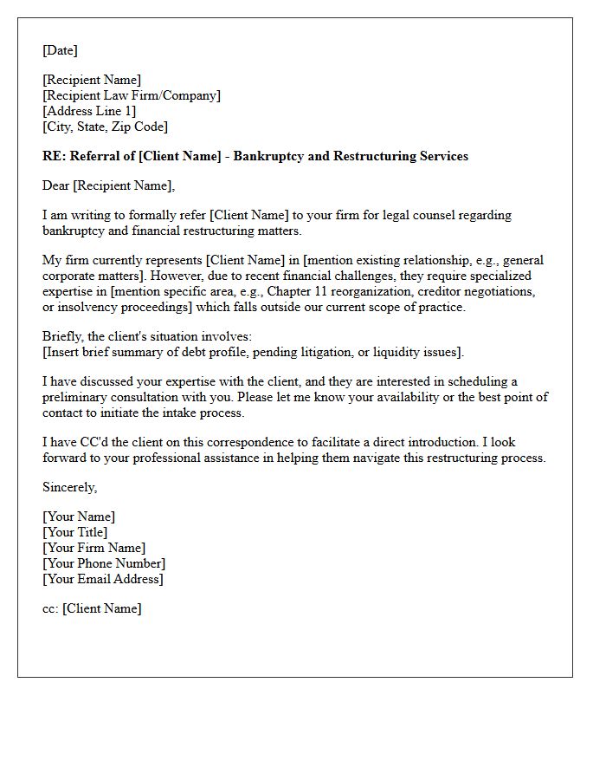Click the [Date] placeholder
[x=60, y=50]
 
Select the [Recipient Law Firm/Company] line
[x=132, y=95]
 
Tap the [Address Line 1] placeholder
[x=89, y=111]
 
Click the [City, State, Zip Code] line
[x=105, y=127]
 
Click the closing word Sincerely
[x=69, y=487]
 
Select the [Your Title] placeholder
[x=75, y=532]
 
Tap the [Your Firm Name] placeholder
[x=93, y=548]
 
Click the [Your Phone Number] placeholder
[x=104, y=563]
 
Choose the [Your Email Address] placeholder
[x=103, y=579]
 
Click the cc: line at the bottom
[x=92, y=608]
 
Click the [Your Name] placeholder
[x=79, y=517]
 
